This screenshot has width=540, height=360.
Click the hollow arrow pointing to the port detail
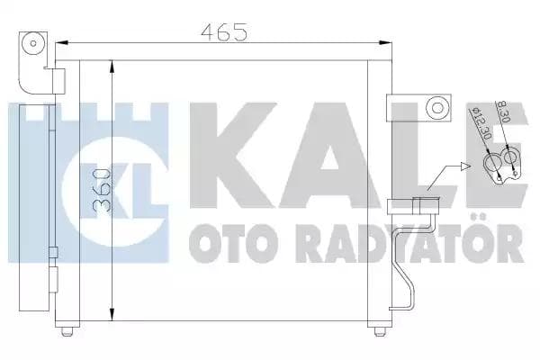[x=462, y=166]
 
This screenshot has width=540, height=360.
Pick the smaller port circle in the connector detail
[x=511, y=160]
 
